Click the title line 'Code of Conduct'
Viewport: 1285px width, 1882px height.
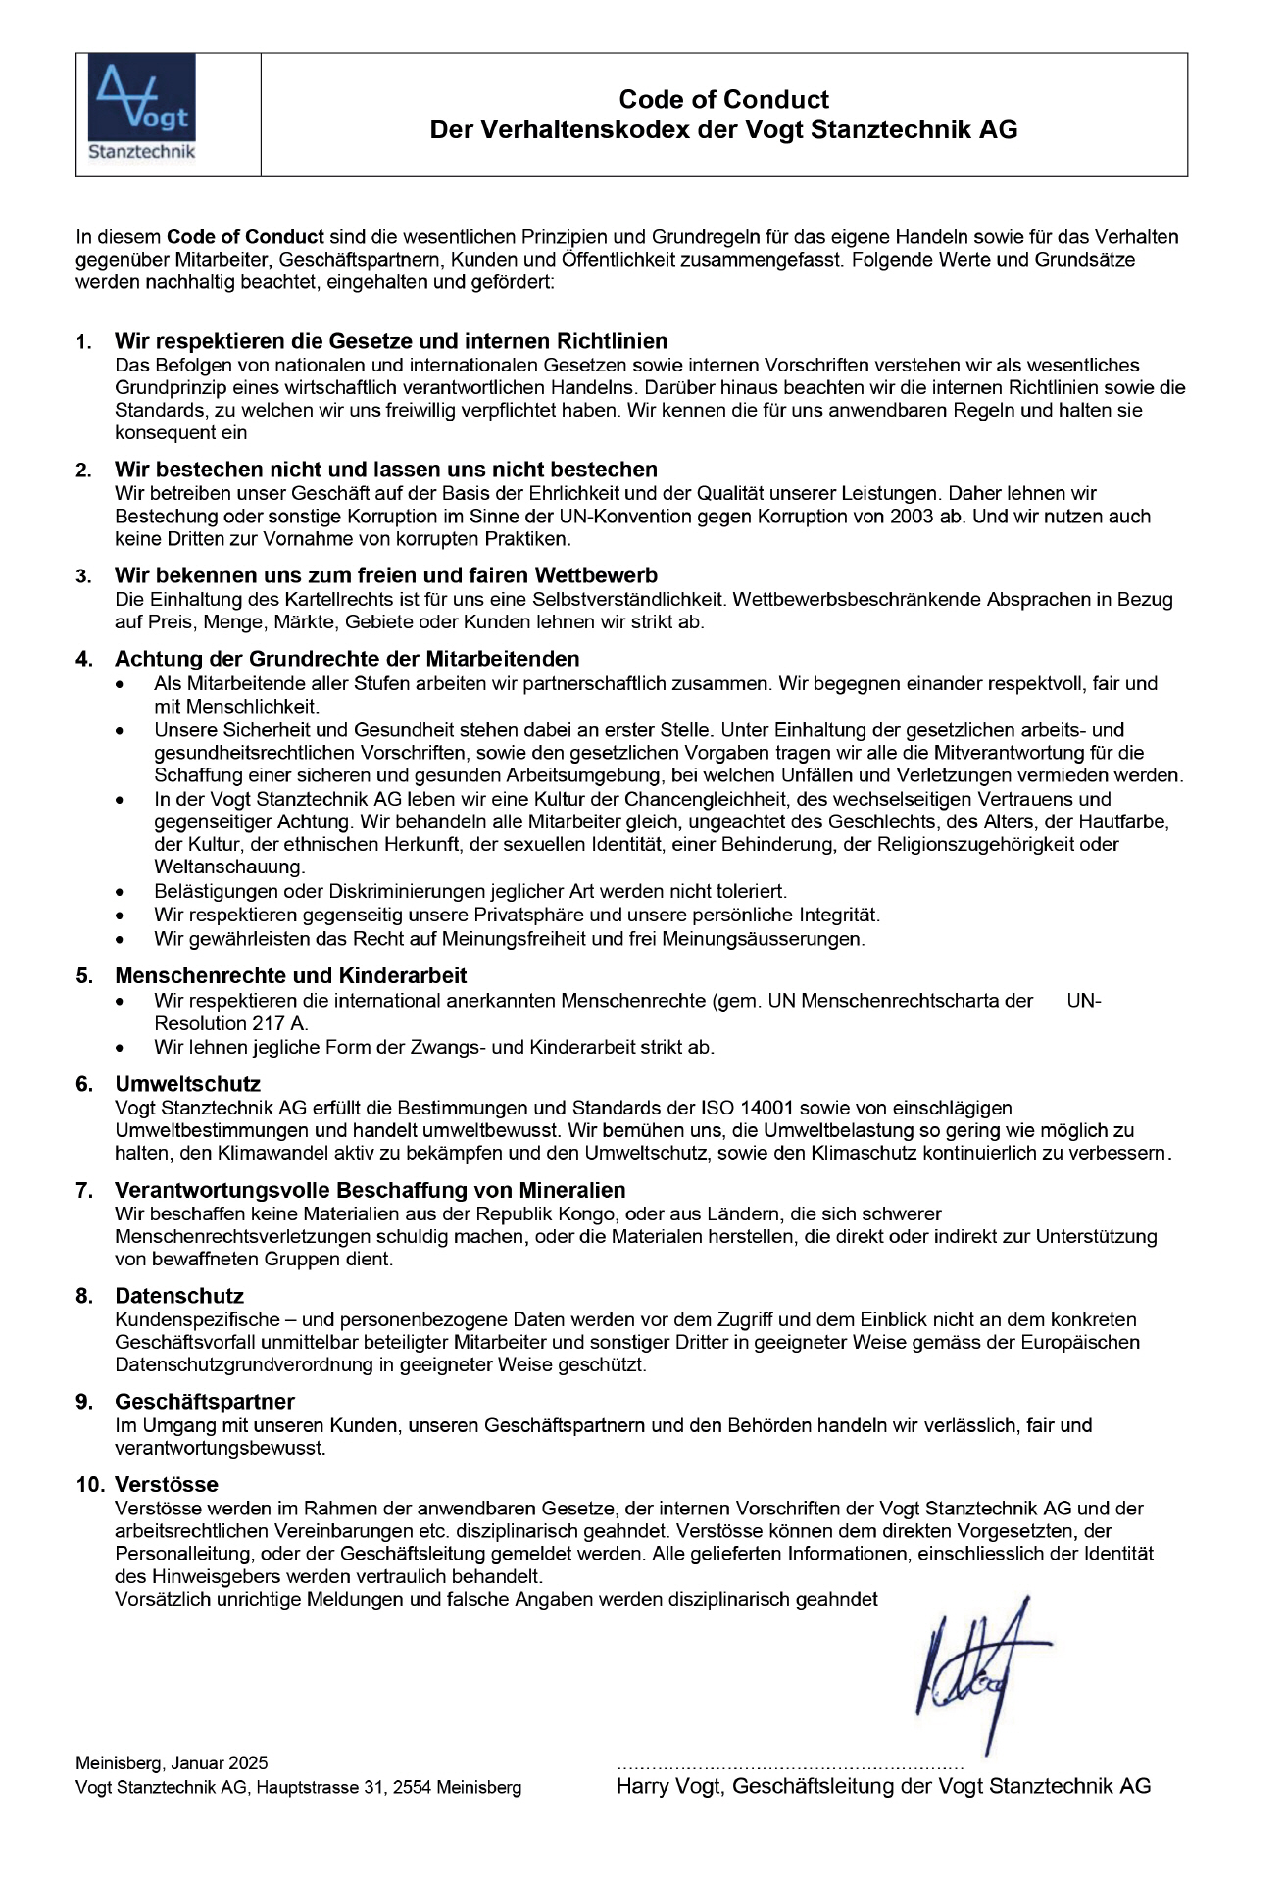723,99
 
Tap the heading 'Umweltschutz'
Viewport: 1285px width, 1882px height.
187,1084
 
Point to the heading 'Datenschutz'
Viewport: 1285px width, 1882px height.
178,1296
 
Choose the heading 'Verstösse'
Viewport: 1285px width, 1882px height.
166,1484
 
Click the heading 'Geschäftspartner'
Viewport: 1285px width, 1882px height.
204,1402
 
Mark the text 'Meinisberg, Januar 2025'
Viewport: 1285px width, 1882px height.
172,1763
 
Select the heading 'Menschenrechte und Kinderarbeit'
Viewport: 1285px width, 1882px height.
290,975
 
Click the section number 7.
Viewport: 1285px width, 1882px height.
84,1191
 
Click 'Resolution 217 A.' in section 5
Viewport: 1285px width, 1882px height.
231,1023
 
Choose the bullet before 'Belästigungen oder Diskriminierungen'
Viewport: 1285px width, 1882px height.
120,893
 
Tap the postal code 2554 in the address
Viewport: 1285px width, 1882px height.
412,1787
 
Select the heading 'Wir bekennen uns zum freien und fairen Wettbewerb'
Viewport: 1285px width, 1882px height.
385,575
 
